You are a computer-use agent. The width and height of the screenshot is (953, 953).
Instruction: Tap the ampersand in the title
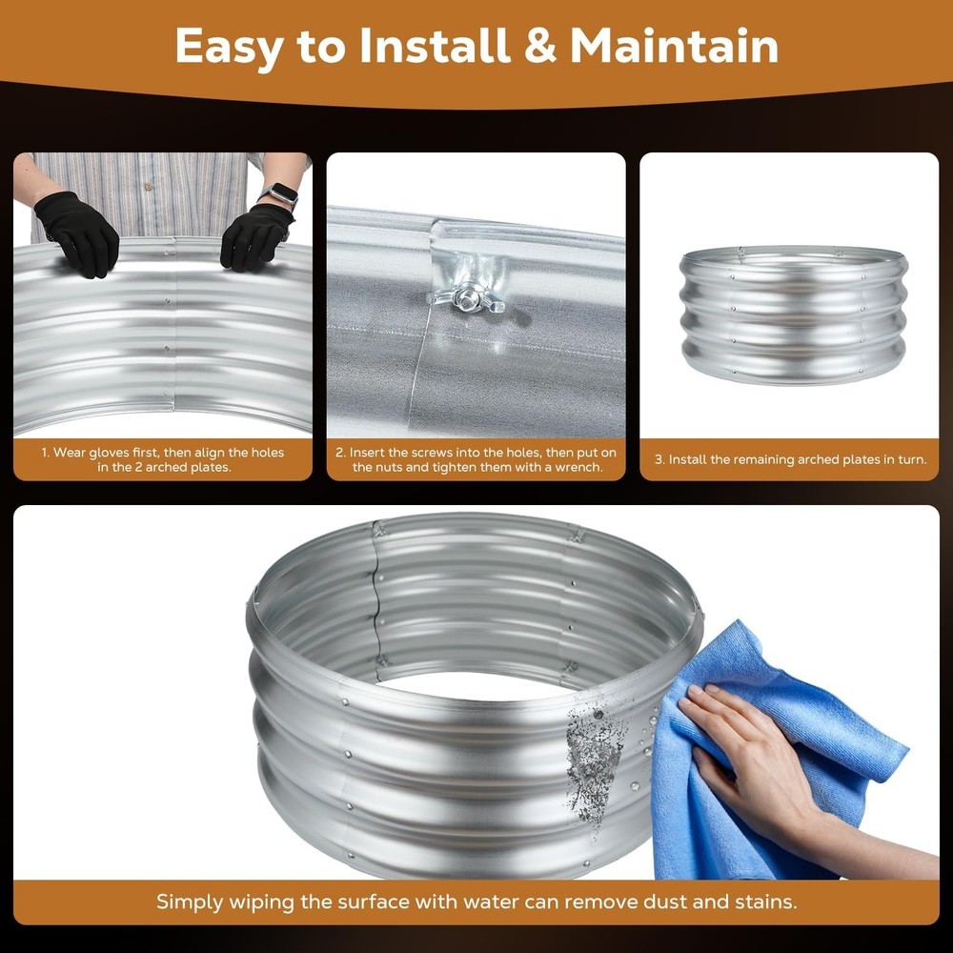tap(539, 46)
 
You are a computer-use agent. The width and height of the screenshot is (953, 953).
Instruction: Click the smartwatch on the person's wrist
tap(279, 195)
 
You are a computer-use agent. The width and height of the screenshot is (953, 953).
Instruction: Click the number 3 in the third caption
tap(659, 459)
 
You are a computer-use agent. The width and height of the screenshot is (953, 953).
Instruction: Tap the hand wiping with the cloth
tap(753, 753)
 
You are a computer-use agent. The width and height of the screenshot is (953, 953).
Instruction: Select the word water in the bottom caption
tap(501, 901)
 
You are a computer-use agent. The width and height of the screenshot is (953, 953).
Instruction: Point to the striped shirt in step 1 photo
tap(152, 186)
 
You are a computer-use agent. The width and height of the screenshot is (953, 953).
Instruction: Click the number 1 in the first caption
tap(43, 453)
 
